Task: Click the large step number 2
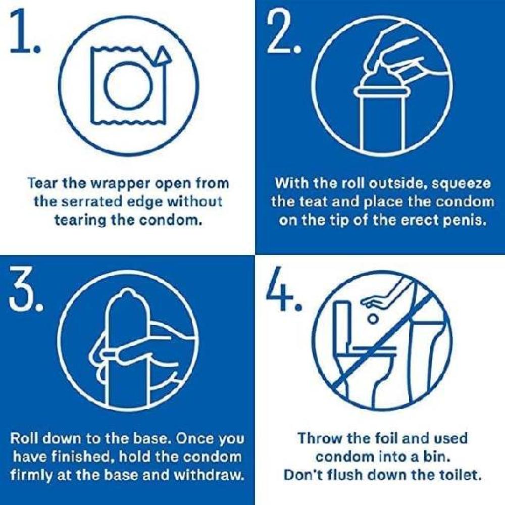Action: [283, 31]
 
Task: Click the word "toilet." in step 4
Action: [460, 475]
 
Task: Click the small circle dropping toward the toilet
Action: [373, 319]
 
